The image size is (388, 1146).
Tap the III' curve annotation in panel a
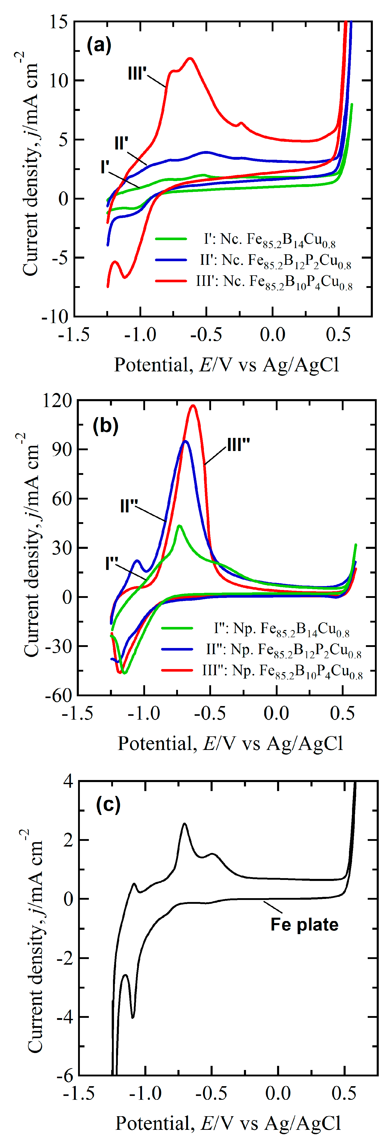click(137, 73)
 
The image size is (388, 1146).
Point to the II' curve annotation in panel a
click(121, 143)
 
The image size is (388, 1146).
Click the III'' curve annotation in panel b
click(239, 444)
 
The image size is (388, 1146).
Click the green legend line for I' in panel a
click(171, 239)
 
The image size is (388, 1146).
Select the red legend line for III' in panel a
click(171, 281)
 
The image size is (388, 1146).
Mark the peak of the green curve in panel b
click(179, 526)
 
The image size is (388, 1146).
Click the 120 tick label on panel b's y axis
click(58, 400)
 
